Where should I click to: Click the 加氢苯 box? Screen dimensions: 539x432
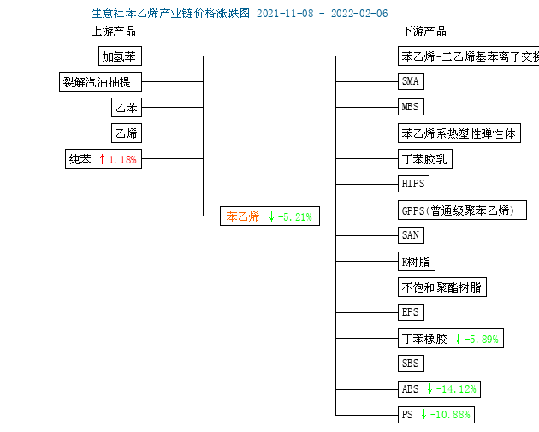tap(120, 56)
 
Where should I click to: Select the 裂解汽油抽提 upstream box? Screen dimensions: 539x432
tap(100, 82)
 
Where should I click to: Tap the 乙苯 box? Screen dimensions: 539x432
tap(127, 108)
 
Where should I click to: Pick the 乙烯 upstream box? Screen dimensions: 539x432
tap(127, 133)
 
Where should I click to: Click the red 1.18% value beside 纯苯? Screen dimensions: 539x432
tap(122, 159)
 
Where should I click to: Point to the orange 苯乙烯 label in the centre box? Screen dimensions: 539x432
tap(243, 216)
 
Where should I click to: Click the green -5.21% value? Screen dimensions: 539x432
tap(295, 217)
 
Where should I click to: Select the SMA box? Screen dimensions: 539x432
tap(411, 81)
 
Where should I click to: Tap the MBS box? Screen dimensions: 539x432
tap(411, 107)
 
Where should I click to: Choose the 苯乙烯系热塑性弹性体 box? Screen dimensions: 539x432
tap(459, 133)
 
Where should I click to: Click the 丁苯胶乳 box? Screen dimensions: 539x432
tap(425, 159)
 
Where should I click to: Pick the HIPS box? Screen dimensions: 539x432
tap(413, 184)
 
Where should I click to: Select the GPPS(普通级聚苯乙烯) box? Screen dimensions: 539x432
tap(462, 210)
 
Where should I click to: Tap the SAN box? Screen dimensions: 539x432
tap(411, 235)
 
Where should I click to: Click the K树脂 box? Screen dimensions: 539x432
tap(417, 262)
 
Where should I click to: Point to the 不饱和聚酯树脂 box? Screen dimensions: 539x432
tap(442, 287)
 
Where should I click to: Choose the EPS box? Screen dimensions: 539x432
tap(411, 312)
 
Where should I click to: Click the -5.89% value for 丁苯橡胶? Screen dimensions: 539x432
tap(481, 340)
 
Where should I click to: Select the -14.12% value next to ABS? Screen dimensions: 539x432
tap(456, 389)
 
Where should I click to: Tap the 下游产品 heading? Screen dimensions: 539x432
tap(424, 32)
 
